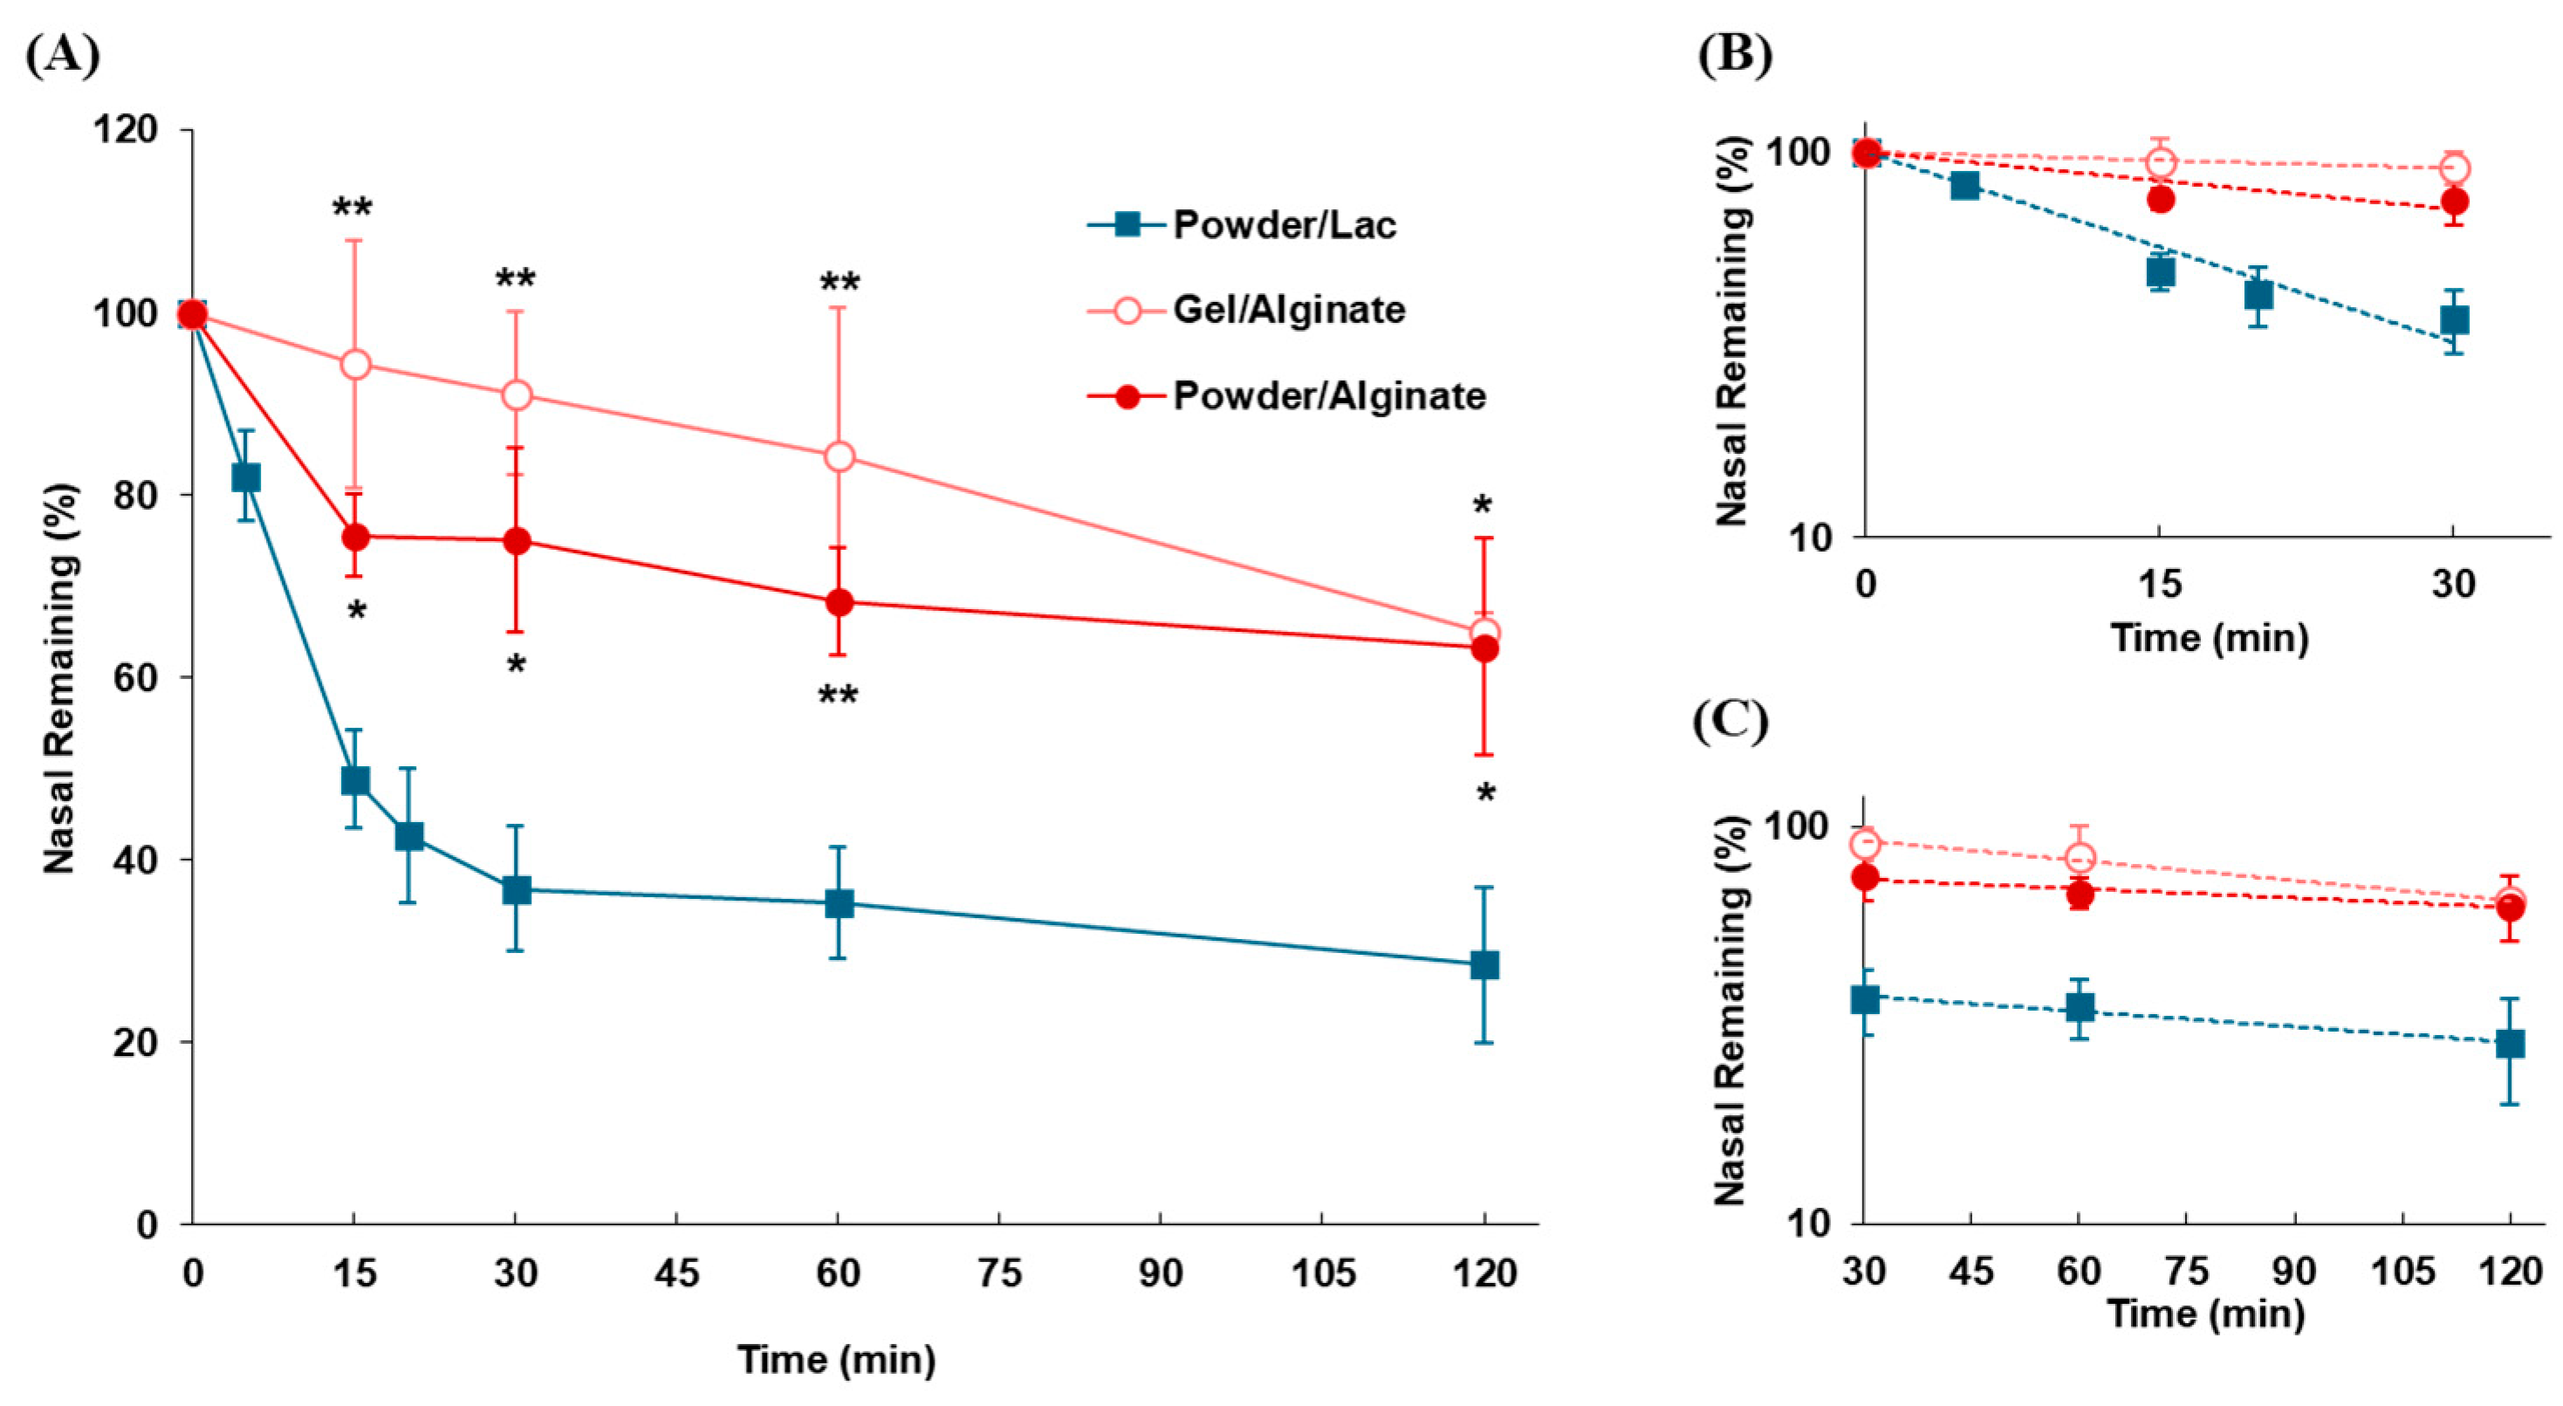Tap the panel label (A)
(x=62, y=56)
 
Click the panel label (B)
(x=1734, y=56)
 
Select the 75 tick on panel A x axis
(x=998, y=1273)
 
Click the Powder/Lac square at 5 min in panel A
(x=246, y=477)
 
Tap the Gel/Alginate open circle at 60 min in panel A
(x=839, y=456)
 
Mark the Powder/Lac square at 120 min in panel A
(x=1484, y=965)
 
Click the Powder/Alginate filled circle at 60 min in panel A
(x=839, y=602)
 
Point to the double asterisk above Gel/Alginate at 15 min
(x=353, y=209)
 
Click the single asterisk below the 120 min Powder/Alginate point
(x=1485, y=794)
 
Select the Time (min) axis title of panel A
(x=836, y=1359)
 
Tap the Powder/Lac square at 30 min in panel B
(x=2455, y=320)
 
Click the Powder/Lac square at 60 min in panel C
(x=2079, y=1008)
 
